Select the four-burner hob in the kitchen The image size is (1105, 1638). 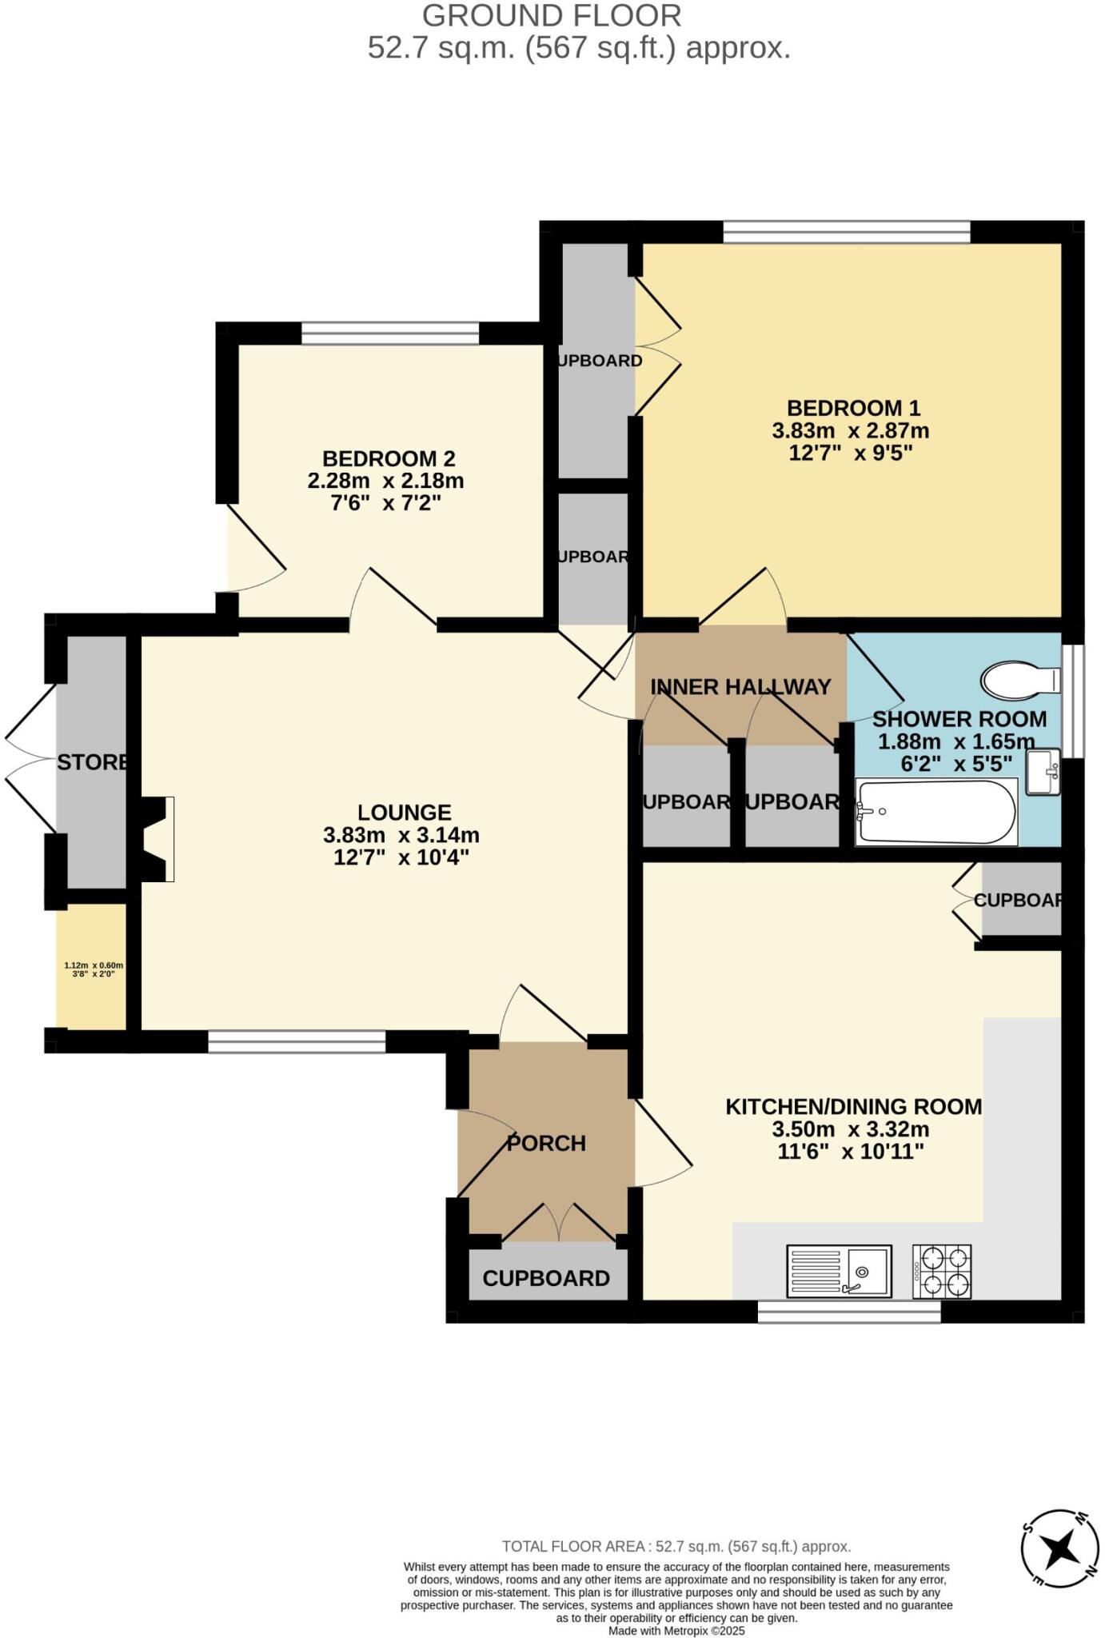point(942,1271)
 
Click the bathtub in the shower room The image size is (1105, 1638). point(936,812)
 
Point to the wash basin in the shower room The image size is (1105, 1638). point(1043,772)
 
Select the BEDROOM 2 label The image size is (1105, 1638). point(389,459)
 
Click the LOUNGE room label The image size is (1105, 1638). point(404,813)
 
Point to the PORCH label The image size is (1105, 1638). point(546,1143)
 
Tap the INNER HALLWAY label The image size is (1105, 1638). point(740,686)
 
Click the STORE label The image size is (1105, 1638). point(93,762)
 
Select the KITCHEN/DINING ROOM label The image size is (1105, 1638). point(853,1107)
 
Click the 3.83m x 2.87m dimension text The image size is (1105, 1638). point(850,431)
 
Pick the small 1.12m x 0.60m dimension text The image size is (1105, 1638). point(94,965)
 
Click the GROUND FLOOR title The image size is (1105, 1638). point(552,16)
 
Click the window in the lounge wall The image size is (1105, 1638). point(297,1041)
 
